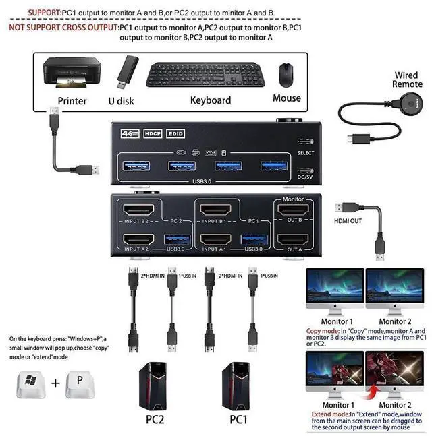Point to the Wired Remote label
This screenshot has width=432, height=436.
[407, 80]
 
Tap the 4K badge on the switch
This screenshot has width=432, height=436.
[128, 133]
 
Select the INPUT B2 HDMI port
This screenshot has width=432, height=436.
[140, 210]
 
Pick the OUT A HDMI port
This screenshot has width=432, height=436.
[294, 241]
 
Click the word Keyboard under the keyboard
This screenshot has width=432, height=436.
[211, 100]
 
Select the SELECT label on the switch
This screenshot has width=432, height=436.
[305, 153]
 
